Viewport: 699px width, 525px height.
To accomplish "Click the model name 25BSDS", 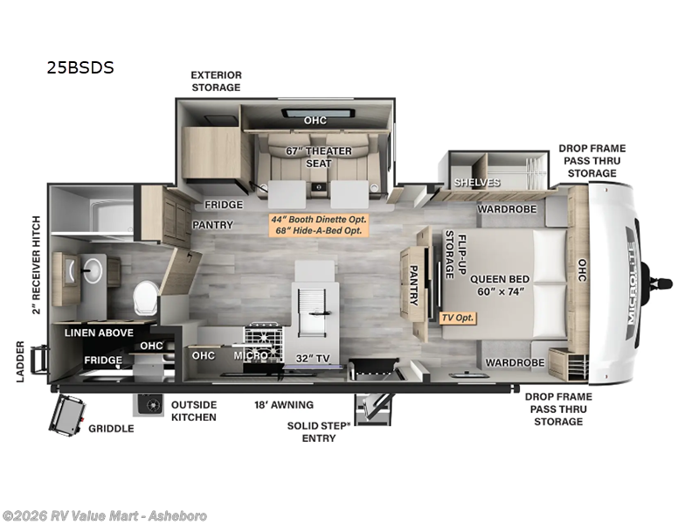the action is click(x=80, y=67).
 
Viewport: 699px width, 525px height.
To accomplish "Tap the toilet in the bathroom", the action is click(x=146, y=297).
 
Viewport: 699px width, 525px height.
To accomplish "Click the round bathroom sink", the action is click(x=93, y=269).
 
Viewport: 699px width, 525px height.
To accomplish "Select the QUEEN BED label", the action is click(x=500, y=279).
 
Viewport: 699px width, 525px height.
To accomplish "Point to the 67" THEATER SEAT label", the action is click(x=319, y=157).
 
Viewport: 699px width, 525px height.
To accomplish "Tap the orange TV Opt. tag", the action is click(x=457, y=318).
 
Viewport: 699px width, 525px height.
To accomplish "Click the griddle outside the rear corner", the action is click(x=67, y=415).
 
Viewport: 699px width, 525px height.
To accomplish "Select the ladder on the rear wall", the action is click(x=38, y=360).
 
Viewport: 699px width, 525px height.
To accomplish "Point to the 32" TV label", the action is click(x=313, y=359).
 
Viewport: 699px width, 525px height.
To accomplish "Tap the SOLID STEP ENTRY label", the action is click(x=318, y=432).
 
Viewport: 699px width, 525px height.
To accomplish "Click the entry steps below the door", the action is click(x=373, y=409).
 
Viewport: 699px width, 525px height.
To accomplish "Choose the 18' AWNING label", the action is click(x=284, y=405).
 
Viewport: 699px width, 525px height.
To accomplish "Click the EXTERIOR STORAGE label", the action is click(x=216, y=81).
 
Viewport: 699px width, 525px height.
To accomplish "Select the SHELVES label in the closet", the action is click(x=477, y=182).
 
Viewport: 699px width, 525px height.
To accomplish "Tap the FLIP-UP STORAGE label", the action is click(x=455, y=255).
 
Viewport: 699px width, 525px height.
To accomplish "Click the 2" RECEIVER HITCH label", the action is click(x=36, y=265).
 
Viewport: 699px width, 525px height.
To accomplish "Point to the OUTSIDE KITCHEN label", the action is click(x=194, y=411).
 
